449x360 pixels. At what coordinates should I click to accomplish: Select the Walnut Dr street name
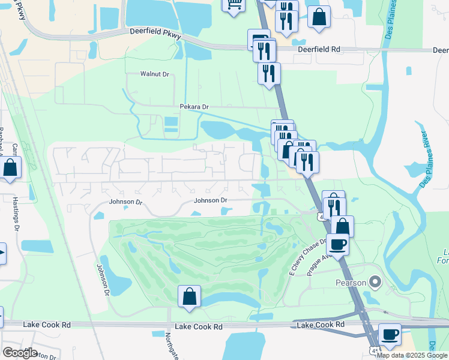pos(155,74)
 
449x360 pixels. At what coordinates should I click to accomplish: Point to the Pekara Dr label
pos(194,107)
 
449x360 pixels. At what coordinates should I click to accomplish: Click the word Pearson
pos(349,281)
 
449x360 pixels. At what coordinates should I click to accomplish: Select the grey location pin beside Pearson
pos(375,281)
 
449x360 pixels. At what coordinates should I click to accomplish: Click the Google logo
pos(20,352)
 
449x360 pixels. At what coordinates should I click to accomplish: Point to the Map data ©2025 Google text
pos(412,355)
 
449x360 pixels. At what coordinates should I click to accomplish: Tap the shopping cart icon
pos(234,4)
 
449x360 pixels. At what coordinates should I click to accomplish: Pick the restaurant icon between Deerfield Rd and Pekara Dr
pos(269,73)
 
